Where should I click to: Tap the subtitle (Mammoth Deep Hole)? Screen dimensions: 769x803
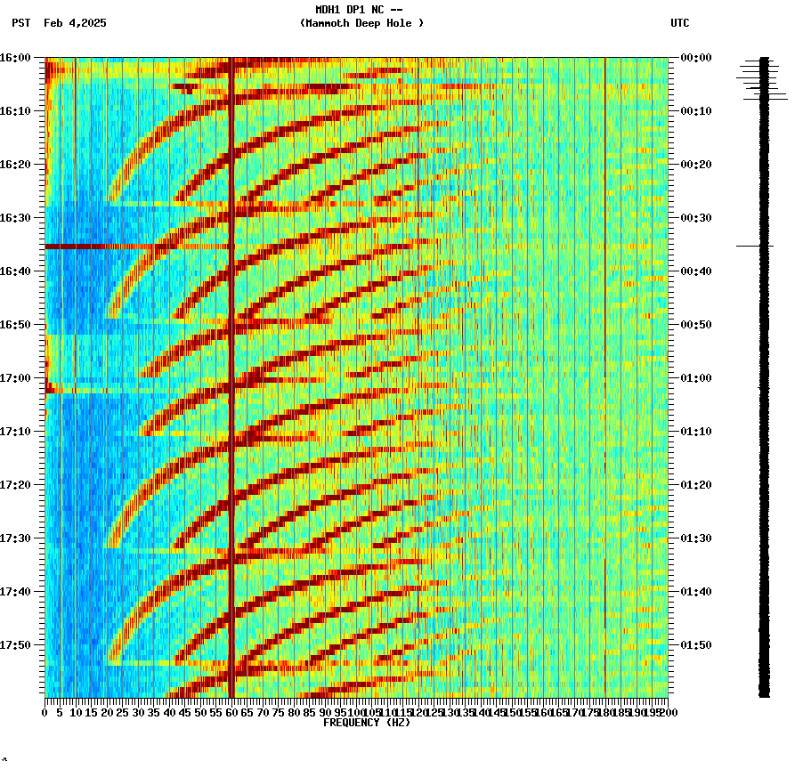(361, 23)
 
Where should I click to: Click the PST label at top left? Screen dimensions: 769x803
(21, 23)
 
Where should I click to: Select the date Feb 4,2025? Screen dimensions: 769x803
(75, 23)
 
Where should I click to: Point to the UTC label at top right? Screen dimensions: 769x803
(679, 23)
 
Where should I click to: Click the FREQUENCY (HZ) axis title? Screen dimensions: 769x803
(366, 723)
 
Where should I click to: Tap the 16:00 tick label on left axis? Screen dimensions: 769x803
(15, 58)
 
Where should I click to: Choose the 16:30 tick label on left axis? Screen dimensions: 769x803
(15, 218)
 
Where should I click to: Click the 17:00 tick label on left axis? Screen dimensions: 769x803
(15, 378)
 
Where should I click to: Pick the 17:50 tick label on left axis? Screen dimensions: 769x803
(15, 645)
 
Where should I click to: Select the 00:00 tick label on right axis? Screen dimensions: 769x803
(695, 58)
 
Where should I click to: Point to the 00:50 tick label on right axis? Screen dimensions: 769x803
(695, 325)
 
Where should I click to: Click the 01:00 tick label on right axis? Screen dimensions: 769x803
(695, 378)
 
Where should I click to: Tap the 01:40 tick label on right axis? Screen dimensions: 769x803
(695, 592)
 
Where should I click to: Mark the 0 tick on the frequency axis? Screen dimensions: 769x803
(45, 712)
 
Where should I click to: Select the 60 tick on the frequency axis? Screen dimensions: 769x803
(231, 712)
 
